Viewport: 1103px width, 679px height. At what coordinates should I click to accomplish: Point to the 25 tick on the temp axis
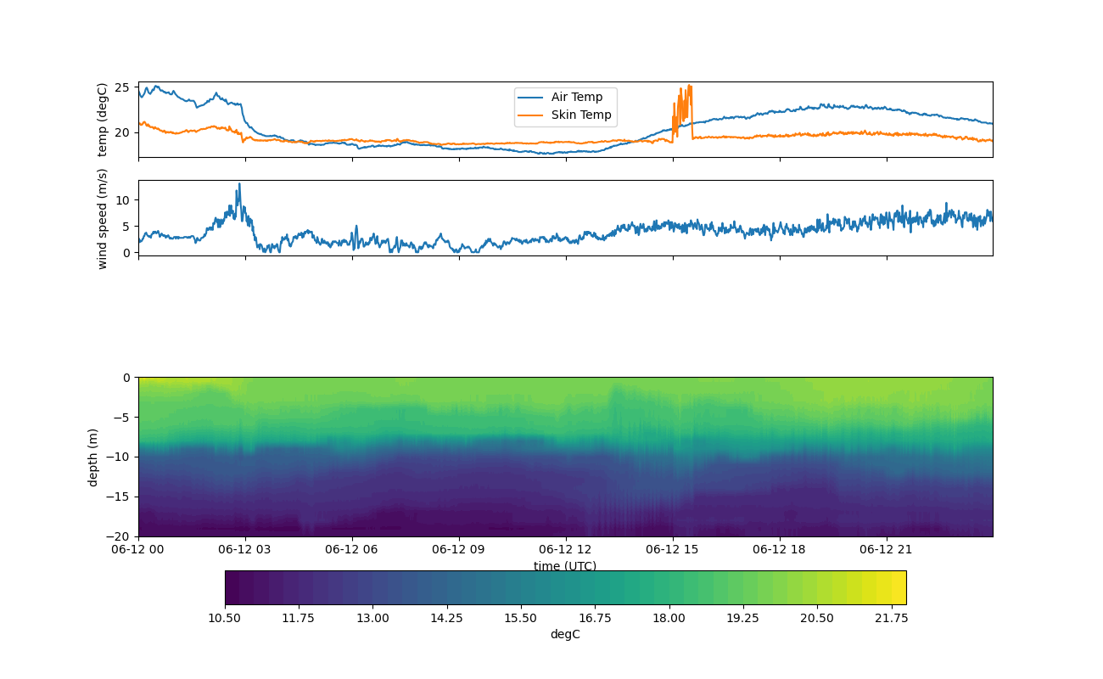121,87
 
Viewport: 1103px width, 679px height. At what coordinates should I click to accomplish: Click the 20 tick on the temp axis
121,132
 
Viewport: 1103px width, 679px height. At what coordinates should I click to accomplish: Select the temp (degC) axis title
103,120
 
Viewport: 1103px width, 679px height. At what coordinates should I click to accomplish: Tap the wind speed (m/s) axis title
103,218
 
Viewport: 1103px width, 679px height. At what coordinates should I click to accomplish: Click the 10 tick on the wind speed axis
121,199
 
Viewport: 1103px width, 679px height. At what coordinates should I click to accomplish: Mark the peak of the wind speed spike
239,183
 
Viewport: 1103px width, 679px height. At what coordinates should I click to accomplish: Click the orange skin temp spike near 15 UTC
689,87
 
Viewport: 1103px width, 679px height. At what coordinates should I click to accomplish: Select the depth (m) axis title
93,457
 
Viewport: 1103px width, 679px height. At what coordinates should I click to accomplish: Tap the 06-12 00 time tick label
138,549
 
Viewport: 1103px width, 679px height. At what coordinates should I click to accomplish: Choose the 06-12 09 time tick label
459,549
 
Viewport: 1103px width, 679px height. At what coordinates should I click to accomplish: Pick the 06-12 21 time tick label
887,549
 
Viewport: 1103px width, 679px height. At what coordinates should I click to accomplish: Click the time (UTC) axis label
565,566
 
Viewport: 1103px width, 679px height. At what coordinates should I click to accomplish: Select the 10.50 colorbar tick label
225,618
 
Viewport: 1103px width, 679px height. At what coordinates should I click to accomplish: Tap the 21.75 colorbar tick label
891,618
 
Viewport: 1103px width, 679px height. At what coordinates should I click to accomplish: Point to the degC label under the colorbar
565,634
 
